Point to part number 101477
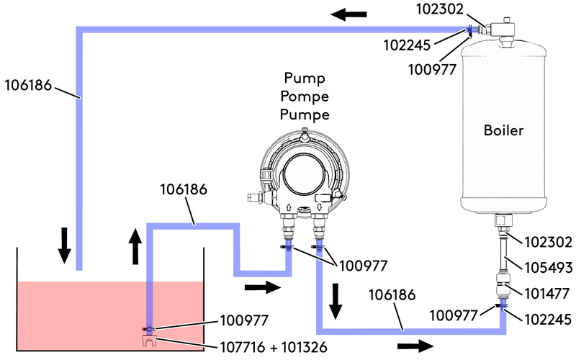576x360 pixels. point(549,292)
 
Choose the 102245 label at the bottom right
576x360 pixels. point(549,318)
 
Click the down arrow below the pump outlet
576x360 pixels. point(336,301)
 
